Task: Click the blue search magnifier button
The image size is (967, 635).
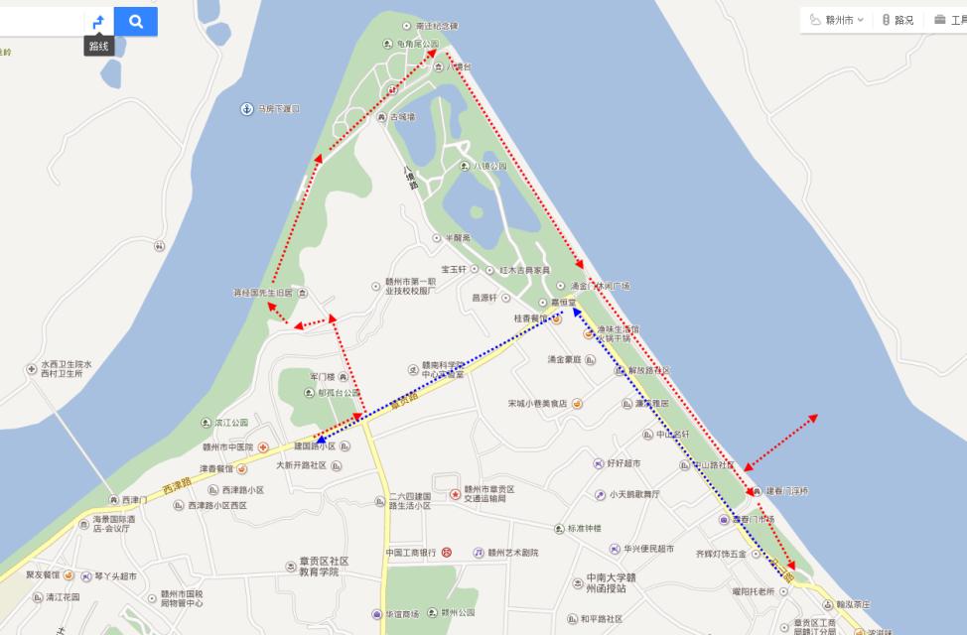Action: pyautogui.click(x=135, y=21)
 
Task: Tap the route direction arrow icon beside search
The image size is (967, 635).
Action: pyautogui.click(x=98, y=21)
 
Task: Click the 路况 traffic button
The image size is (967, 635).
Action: pyautogui.click(x=898, y=20)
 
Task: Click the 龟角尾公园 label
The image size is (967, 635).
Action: pyautogui.click(x=417, y=45)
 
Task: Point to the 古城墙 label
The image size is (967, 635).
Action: pyautogui.click(x=402, y=117)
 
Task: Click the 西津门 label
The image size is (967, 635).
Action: pyautogui.click(x=133, y=499)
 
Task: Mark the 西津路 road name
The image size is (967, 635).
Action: pyautogui.click(x=176, y=485)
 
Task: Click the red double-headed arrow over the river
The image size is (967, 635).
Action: pyautogui.click(x=780, y=443)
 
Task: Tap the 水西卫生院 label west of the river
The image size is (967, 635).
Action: pyautogui.click(x=67, y=365)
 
